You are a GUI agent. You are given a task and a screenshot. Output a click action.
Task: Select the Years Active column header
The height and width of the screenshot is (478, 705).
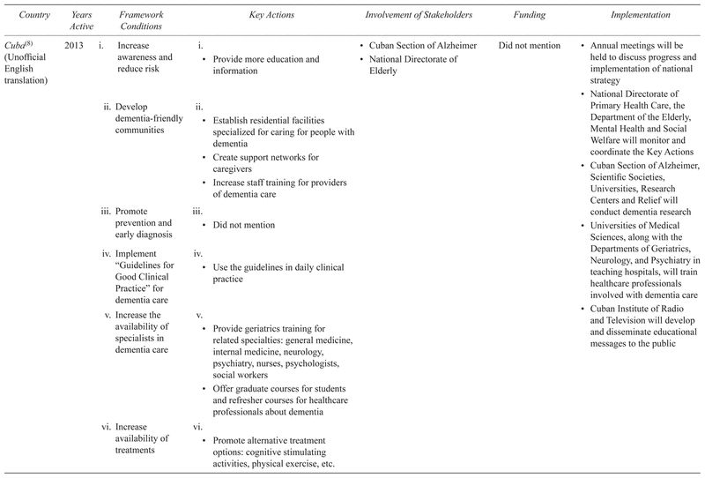click(x=78, y=19)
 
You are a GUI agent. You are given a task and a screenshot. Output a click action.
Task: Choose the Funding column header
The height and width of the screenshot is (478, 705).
click(x=529, y=15)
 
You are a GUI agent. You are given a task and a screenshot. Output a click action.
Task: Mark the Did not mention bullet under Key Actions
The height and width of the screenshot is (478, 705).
click(x=243, y=225)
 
